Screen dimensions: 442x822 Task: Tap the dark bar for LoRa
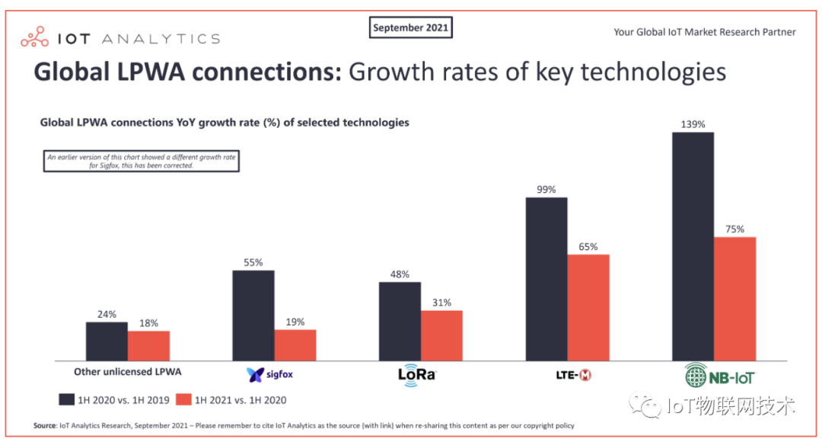(x=400, y=321)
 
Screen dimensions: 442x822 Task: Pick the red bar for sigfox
(x=295, y=344)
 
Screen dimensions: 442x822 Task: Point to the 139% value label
(x=693, y=123)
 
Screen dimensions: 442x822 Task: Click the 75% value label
(x=735, y=229)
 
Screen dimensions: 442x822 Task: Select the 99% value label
(x=546, y=189)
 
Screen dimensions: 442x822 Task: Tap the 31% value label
(x=442, y=302)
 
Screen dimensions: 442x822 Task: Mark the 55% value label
(x=253, y=262)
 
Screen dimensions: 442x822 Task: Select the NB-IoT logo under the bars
(x=719, y=374)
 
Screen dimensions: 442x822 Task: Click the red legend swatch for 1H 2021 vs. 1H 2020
(x=183, y=399)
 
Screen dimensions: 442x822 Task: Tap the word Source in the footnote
(x=45, y=425)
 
